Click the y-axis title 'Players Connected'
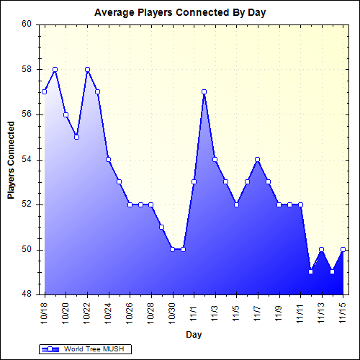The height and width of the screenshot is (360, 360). tap(12, 160)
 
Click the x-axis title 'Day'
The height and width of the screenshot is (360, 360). tap(193, 335)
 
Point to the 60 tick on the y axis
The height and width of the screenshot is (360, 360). tap(27, 24)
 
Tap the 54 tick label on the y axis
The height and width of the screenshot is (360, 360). tap(27, 159)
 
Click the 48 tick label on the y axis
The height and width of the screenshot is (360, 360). tap(27, 294)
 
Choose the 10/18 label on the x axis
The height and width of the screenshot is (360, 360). tap(45, 311)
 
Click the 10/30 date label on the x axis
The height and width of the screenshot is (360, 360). tap(173, 311)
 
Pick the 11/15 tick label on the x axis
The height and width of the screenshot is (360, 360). tap(343, 311)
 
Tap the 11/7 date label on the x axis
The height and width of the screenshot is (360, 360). tap(258, 311)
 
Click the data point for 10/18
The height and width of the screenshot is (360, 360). tap(45, 91)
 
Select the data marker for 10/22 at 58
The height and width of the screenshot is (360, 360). tap(87, 69)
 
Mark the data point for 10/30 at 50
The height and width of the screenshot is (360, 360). tap(173, 249)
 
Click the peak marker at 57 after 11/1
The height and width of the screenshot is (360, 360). tap(204, 91)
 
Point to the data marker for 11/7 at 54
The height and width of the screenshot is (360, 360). tap(258, 159)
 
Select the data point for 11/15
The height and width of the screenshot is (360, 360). tap(343, 249)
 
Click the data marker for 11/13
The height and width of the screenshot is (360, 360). tap(322, 249)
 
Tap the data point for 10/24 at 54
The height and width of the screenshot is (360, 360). tap(109, 159)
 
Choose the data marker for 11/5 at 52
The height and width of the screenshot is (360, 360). tap(236, 204)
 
